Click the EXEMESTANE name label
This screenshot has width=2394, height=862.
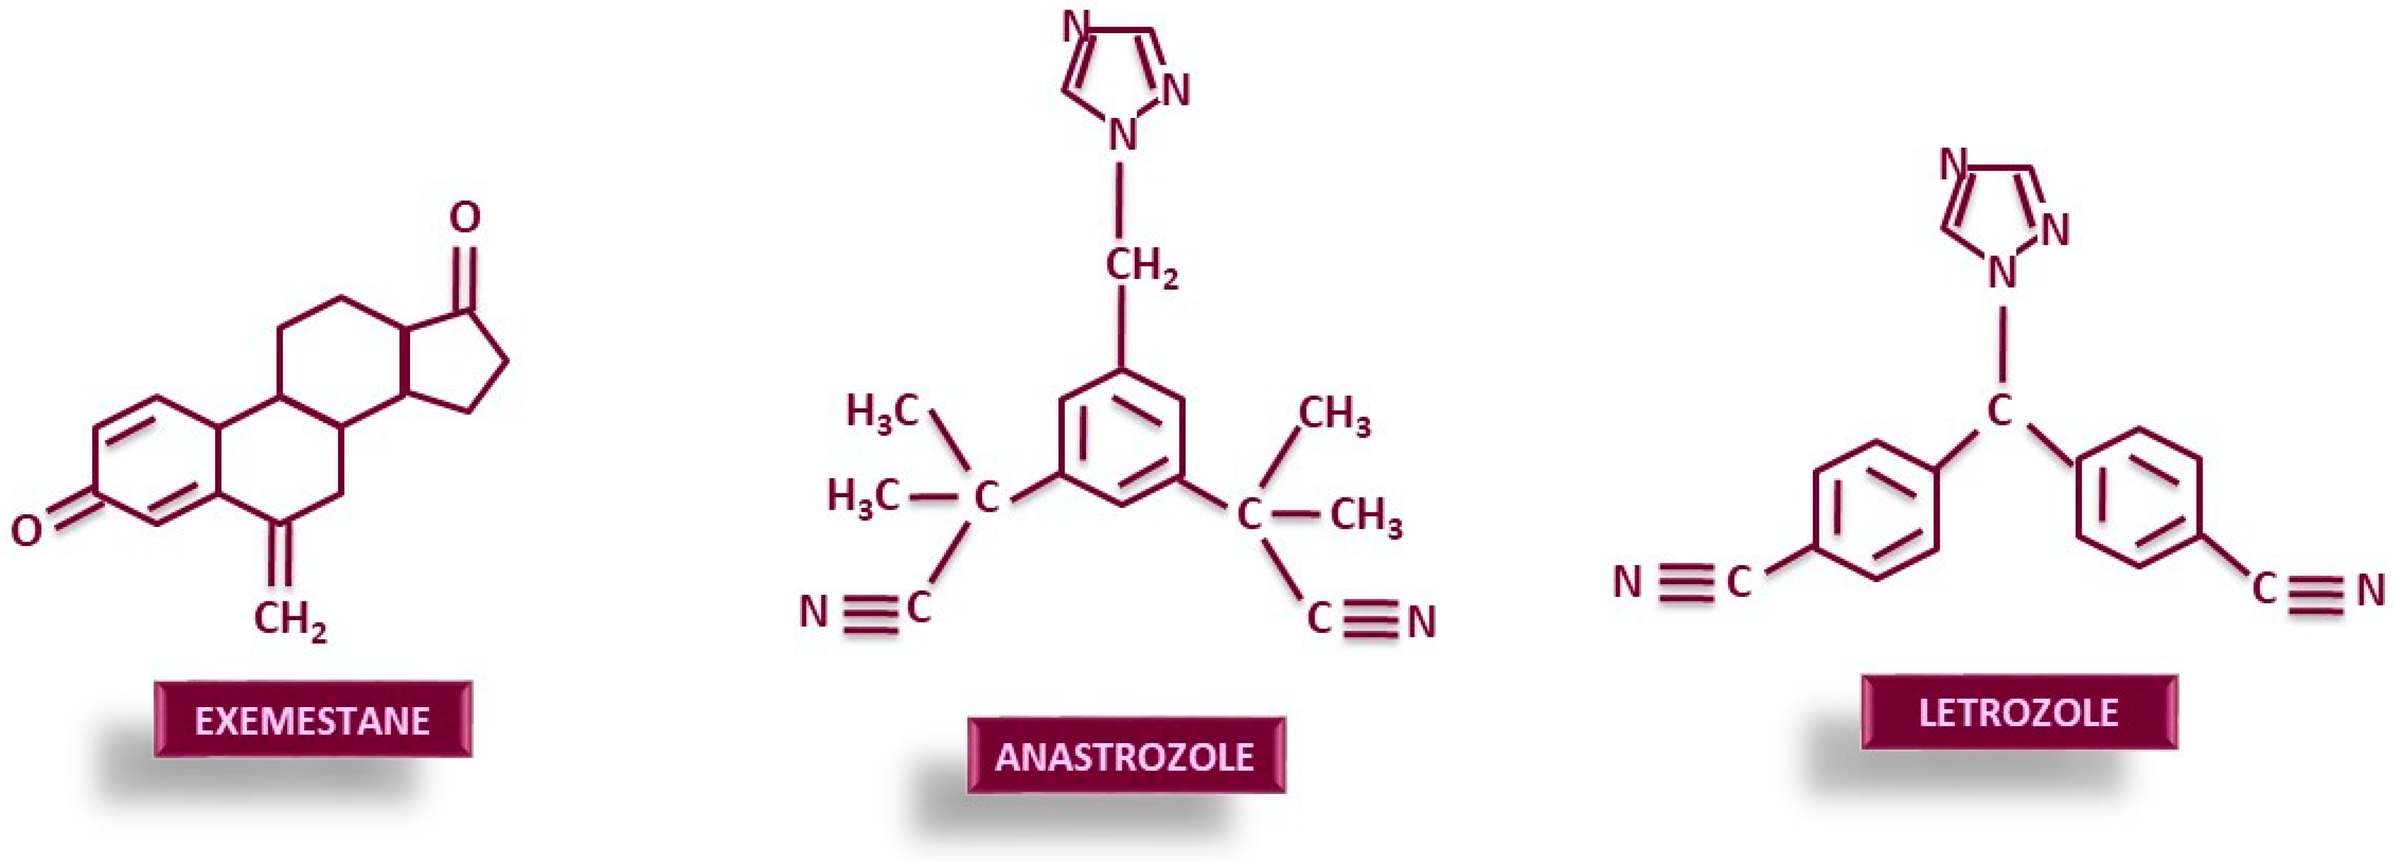click(x=312, y=719)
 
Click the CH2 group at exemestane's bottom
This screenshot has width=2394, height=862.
click(x=290, y=618)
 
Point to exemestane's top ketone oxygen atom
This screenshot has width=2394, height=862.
click(x=464, y=218)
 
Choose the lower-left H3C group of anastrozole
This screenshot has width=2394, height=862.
click(x=863, y=497)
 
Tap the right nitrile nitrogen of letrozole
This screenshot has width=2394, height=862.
click(x=2371, y=590)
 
